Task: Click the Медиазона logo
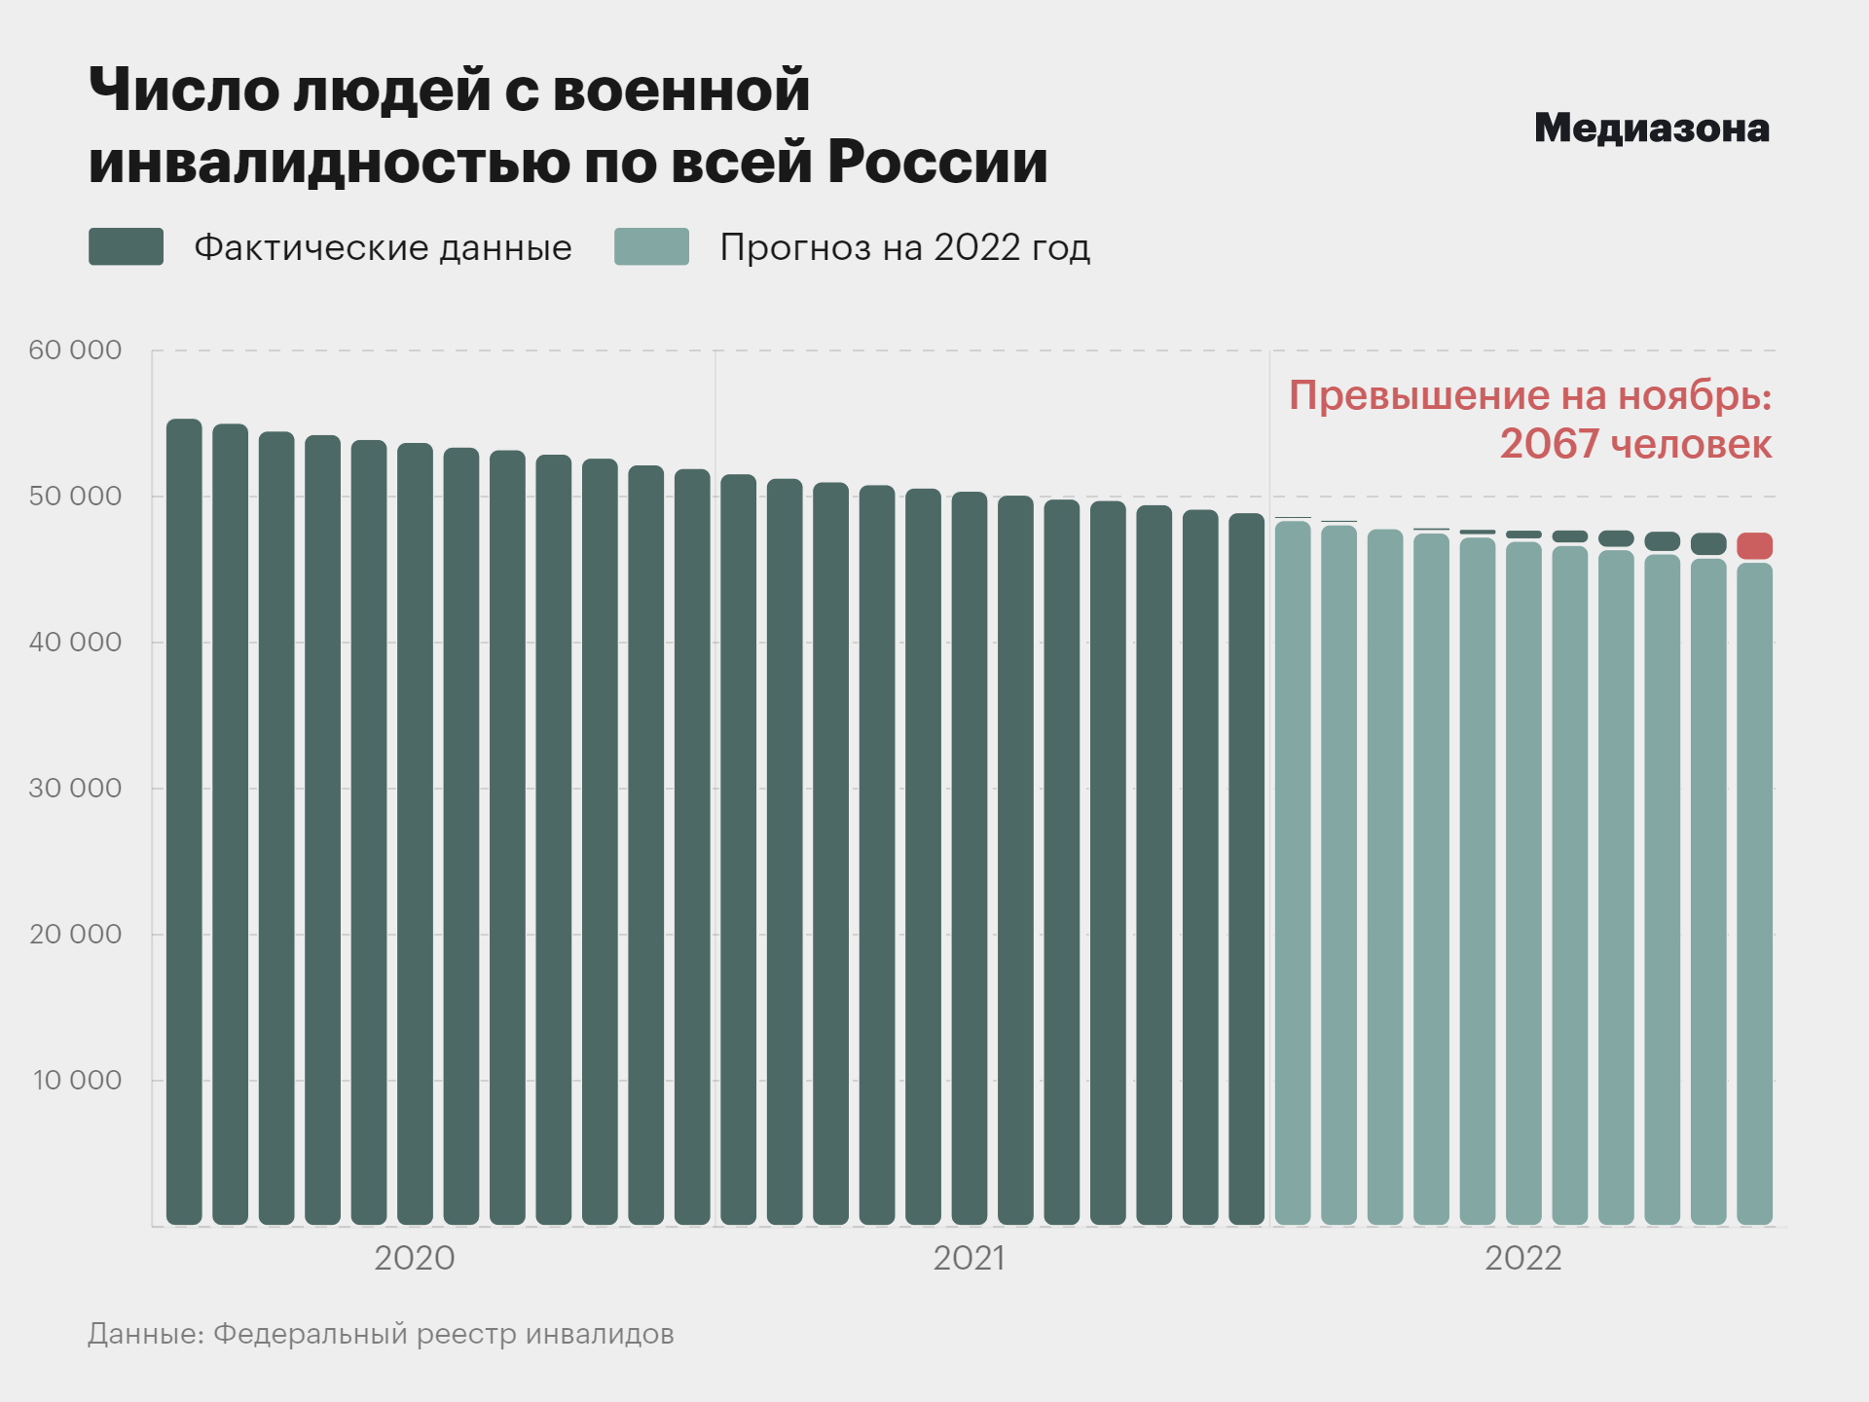1651,129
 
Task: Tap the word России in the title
937,162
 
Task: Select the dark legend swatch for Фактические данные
126,247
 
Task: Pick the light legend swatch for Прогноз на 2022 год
651,247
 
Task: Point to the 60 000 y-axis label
75,350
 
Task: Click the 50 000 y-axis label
75,497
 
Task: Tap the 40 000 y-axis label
75,643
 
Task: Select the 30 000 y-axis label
75,789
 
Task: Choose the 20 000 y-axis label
75,935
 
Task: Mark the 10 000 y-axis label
77,1081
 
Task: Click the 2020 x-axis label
415,1259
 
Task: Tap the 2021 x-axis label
969,1259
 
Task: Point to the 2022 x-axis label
1522,1259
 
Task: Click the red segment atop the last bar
1754,546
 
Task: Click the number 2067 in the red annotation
1549,445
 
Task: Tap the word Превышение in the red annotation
1419,396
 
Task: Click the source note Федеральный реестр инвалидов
443,1334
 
